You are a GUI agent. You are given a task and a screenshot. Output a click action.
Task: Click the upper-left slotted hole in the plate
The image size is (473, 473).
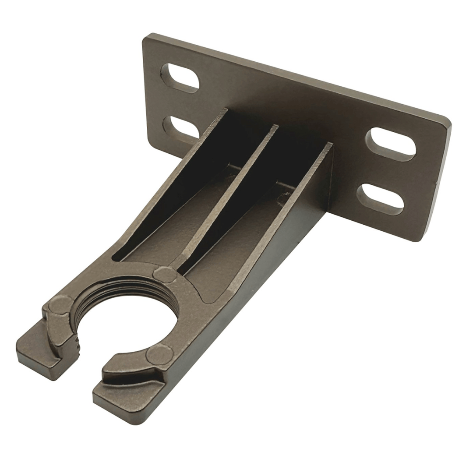(x=180, y=78)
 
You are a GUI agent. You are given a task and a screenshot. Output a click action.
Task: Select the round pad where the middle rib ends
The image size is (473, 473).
(x=165, y=275)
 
